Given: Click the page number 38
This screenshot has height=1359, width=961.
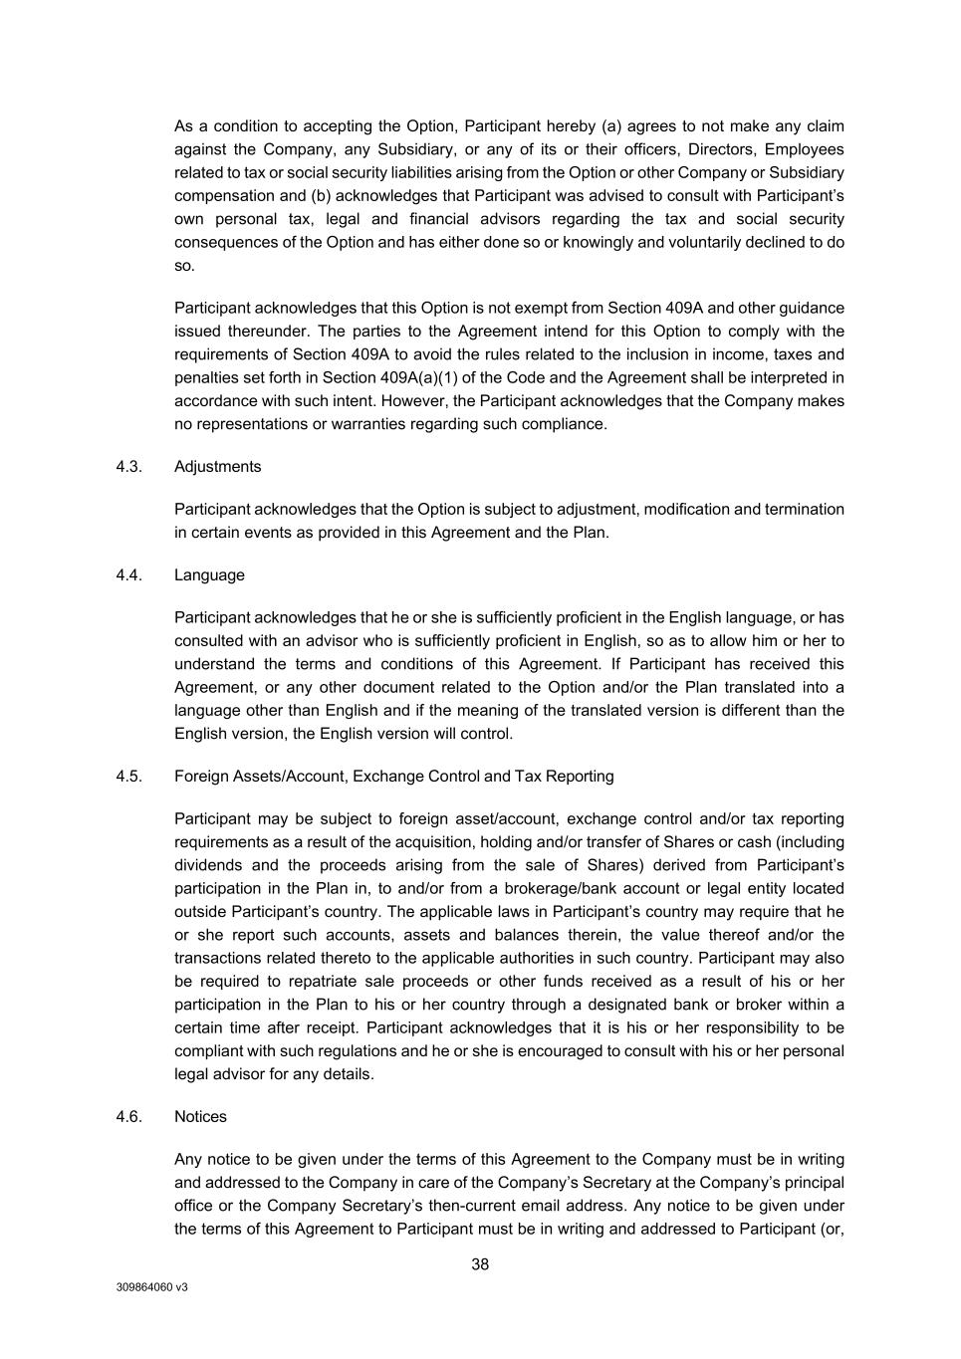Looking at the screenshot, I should [480, 1264].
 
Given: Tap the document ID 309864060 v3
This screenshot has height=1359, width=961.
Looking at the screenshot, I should [151, 1286].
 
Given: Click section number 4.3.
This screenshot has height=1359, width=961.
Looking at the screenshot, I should [128, 467].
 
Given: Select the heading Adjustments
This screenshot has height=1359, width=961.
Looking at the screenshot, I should [217, 467].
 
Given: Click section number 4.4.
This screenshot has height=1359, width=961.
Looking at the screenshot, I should [128, 575].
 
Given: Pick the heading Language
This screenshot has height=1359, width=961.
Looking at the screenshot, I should [209, 575].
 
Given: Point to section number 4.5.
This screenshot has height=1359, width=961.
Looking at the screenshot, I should [128, 777].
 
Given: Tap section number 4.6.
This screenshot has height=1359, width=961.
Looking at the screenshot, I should [128, 1117].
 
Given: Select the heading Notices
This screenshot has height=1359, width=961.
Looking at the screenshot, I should [200, 1117].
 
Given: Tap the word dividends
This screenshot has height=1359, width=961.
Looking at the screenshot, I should [208, 865].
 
